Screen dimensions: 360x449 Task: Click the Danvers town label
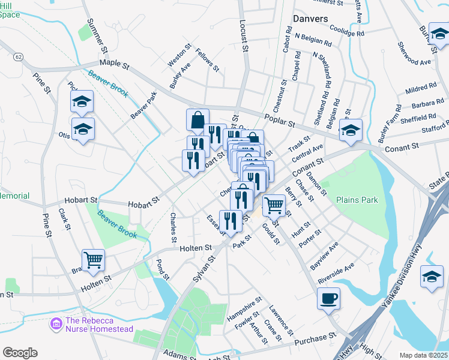pyautogui.click(x=310, y=19)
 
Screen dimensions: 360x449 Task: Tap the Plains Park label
pyautogui.click(x=357, y=200)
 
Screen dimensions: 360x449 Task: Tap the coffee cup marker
pyautogui.click(x=328, y=299)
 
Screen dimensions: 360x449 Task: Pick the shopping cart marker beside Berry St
pyautogui.click(x=274, y=206)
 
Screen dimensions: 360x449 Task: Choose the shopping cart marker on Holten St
pyautogui.click(x=93, y=260)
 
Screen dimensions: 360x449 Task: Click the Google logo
pyautogui.click(x=20, y=353)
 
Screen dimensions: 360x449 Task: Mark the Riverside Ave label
pyautogui.click(x=336, y=273)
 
